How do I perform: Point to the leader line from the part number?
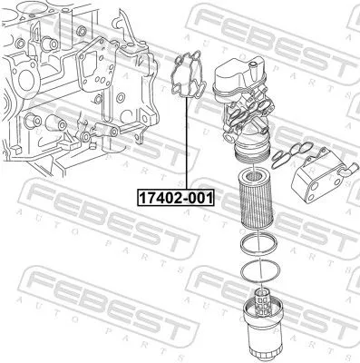pos(188,145)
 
